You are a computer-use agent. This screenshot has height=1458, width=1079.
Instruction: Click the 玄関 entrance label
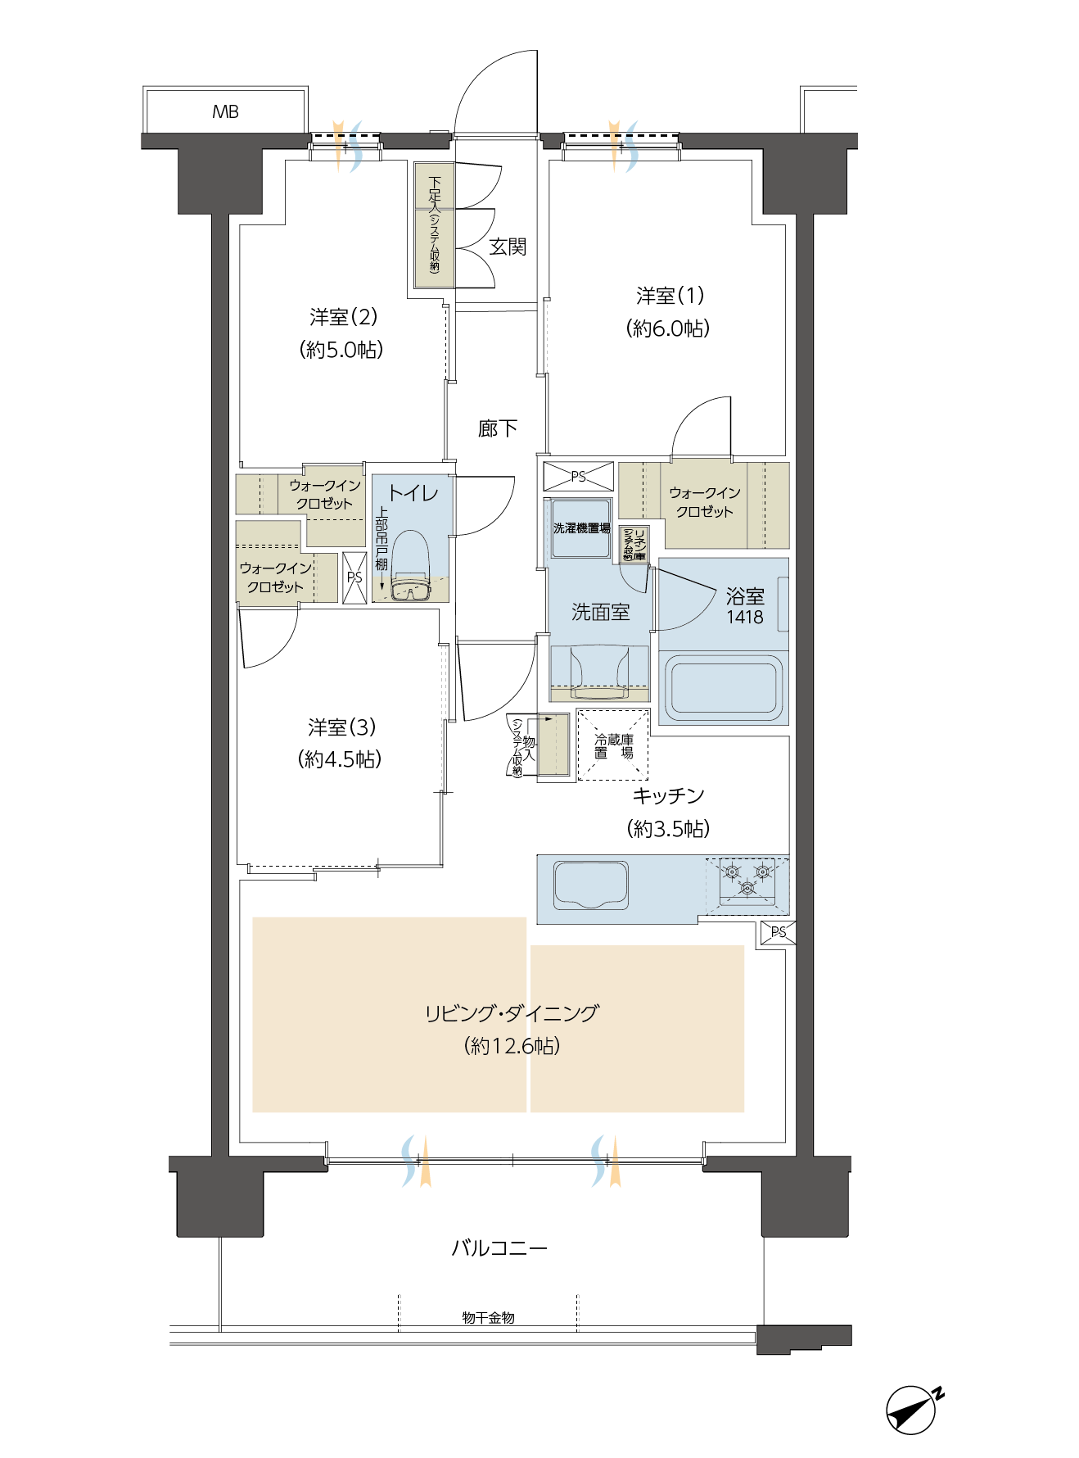pyautogui.click(x=507, y=246)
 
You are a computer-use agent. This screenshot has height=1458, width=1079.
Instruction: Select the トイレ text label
pyautogui.click(x=413, y=493)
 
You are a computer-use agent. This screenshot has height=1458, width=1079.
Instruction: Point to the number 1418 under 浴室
pyautogui.click(x=745, y=618)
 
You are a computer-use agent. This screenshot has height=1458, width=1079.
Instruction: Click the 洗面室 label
pyautogui.click(x=600, y=612)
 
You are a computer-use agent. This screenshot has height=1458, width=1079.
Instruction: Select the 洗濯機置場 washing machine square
pyautogui.click(x=580, y=528)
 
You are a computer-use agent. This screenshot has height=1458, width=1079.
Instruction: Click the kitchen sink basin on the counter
pyautogui.click(x=591, y=885)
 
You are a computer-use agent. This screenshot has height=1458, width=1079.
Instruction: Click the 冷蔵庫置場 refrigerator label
pyautogui.click(x=614, y=745)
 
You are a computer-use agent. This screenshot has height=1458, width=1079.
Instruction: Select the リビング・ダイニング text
pyautogui.click(x=511, y=1014)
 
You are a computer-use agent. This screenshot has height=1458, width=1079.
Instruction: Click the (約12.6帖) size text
pyautogui.click(x=511, y=1046)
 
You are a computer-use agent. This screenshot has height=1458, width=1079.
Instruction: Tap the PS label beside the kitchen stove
pyautogui.click(x=778, y=932)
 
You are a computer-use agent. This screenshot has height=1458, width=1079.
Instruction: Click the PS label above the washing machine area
pyautogui.click(x=578, y=477)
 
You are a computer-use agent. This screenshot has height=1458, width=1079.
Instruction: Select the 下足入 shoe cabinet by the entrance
pyautogui.click(x=435, y=225)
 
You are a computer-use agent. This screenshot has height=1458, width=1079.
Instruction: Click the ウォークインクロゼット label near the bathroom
pyautogui.click(x=704, y=502)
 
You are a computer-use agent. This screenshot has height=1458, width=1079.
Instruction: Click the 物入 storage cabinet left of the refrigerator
pyautogui.click(x=553, y=745)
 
